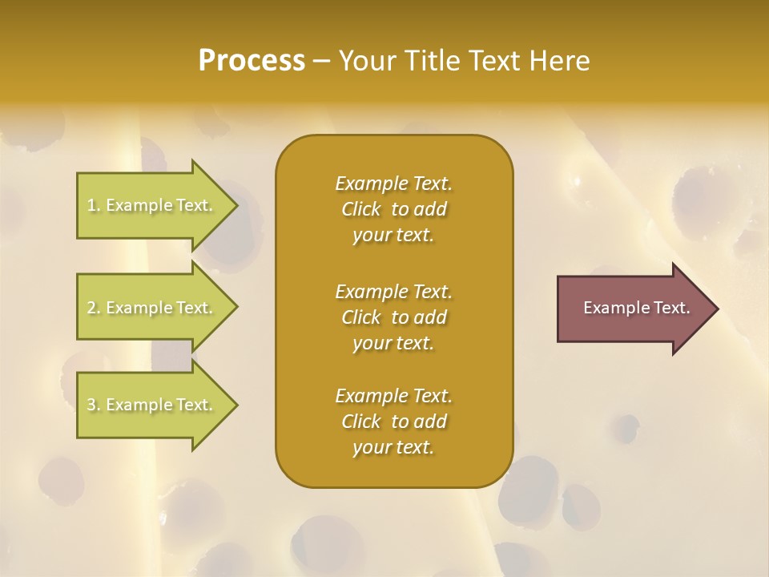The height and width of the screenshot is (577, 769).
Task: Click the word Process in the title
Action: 252,61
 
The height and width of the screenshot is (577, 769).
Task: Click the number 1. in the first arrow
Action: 94,205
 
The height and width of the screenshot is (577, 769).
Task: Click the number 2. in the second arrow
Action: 94,308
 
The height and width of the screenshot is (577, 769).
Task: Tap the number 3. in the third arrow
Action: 94,405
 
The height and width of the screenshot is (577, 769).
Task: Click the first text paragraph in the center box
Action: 393,209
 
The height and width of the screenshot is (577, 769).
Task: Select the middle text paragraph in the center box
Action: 393,317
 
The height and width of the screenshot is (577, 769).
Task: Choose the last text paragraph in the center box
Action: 393,422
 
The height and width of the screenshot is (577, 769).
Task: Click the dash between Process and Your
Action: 321,62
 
